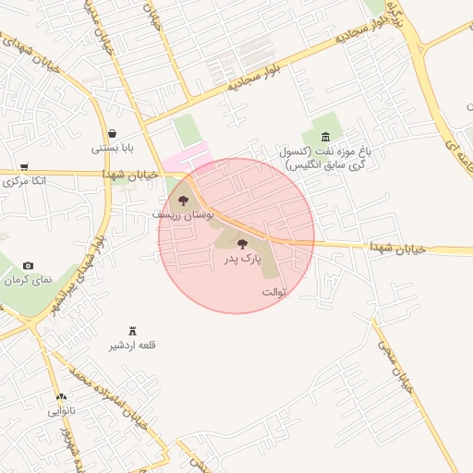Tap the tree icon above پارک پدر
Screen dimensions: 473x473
tap(242, 245)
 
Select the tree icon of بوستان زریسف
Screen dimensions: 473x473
tap(183, 200)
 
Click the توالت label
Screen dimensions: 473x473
tap(275, 292)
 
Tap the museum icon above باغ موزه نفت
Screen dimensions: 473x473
tap(325, 136)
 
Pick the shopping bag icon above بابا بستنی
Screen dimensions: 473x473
tap(112, 133)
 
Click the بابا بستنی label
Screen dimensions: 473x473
tap(113, 148)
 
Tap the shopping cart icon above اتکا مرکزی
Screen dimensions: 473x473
tap(24, 166)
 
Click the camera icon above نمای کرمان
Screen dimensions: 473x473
tap(28, 265)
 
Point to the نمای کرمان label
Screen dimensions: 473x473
tap(29, 279)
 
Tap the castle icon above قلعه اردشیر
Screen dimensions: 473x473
tap(133, 331)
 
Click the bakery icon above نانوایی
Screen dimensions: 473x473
tap(61, 396)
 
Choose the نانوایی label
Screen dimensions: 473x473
tap(61, 410)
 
